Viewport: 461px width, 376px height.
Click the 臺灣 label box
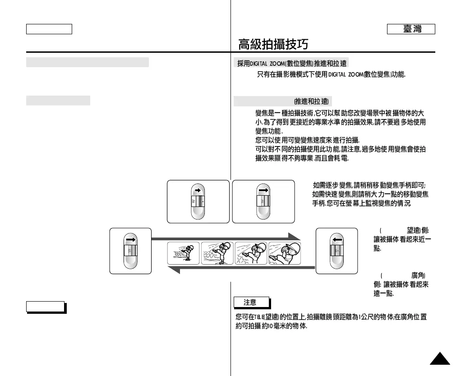411,29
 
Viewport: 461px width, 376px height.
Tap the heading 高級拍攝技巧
273,44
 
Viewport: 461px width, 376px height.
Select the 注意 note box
251,302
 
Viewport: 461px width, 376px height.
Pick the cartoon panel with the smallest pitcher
184,253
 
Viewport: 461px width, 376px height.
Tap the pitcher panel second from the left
217,253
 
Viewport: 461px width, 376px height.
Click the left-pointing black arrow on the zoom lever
337,240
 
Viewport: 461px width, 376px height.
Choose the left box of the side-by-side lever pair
198,202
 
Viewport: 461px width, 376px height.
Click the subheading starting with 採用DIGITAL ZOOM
291,63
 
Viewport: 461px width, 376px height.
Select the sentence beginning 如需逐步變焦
370,185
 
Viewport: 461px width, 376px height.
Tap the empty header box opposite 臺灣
49,29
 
